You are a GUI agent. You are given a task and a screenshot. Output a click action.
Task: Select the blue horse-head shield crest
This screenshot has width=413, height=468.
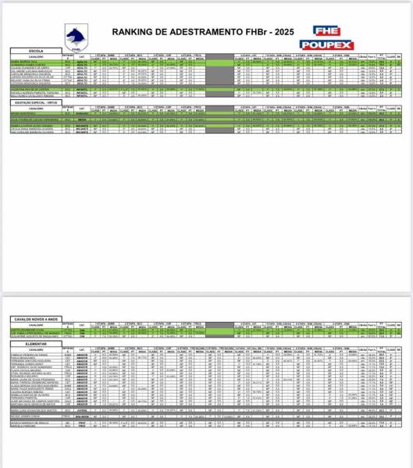(x=77, y=37)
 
